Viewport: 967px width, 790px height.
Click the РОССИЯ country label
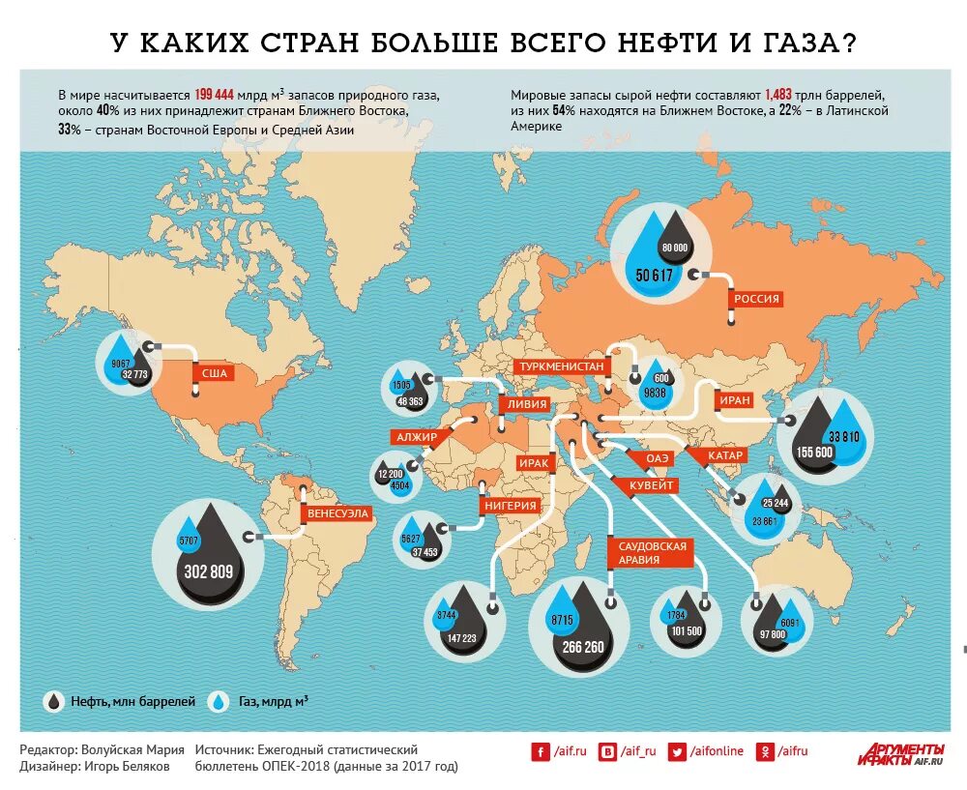click(x=756, y=299)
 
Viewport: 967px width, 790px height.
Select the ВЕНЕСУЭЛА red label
click(x=338, y=513)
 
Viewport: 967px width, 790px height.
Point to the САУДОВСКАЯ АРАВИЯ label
click(x=652, y=553)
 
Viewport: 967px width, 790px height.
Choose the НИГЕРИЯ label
click(x=512, y=505)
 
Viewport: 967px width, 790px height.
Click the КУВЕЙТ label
click(x=654, y=486)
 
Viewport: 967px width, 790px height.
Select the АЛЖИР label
click(x=417, y=437)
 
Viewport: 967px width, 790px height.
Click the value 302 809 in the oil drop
click(x=209, y=571)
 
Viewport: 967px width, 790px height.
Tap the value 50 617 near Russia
click(x=655, y=276)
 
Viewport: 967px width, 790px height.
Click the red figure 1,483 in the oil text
click(x=778, y=95)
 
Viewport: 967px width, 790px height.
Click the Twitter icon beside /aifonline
click(x=677, y=750)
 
